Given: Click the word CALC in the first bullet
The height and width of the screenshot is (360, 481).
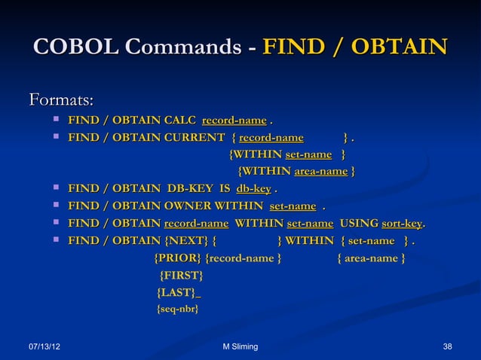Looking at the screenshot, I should (x=182, y=121).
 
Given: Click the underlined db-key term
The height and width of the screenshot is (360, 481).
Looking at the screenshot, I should (x=253, y=188).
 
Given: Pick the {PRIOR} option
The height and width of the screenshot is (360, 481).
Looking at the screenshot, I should (x=178, y=260).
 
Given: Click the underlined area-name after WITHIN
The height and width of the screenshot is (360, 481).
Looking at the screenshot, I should (x=320, y=172).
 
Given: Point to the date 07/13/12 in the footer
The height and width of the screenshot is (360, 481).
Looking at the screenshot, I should (x=45, y=346).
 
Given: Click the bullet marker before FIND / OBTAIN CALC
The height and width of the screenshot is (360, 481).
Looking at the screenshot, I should (x=57, y=121).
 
